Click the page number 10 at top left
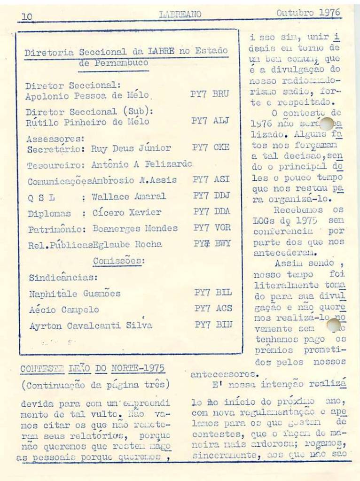(x=27, y=16)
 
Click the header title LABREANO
(x=180, y=15)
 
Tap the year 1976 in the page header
(x=330, y=13)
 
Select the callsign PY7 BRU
(x=209, y=94)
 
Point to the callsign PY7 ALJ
(x=210, y=121)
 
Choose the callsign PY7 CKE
(x=211, y=147)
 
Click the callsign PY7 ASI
(x=211, y=179)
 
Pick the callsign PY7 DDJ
(x=211, y=196)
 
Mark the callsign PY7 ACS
(x=213, y=309)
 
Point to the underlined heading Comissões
(x=118, y=261)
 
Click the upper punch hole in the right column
(x=326, y=124)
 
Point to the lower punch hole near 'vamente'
(x=333, y=325)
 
